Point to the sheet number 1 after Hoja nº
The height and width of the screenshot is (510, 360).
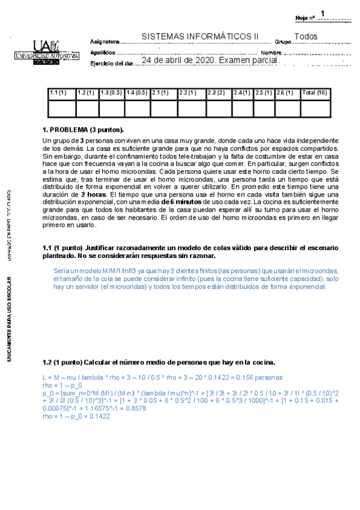pyautogui.click(x=323, y=13)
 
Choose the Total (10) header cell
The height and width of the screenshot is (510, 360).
pyautogui.click(x=314, y=93)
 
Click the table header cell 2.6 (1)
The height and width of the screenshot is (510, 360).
pyautogui.click(x=285, y=93)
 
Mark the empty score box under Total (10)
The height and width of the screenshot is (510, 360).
pyautogui.click(x=314, y=108)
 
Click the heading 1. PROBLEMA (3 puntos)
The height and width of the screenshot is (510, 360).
pyautogui.click(x=83, y=130)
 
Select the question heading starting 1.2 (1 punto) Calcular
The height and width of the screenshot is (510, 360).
pyautogui.click(x=159, y=363)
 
